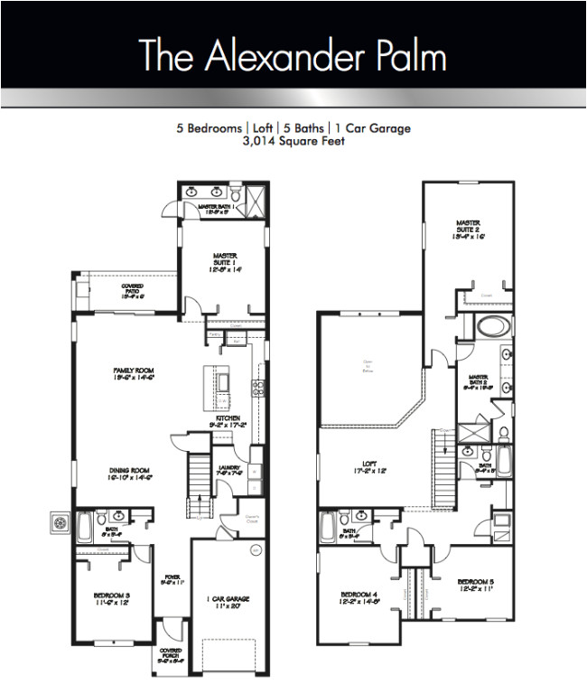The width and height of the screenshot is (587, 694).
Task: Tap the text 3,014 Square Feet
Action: point(293,141)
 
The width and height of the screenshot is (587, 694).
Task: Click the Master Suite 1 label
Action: point(225,261)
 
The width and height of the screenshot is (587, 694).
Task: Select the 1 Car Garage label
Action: point(228,602)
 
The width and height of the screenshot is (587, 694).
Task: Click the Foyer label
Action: point(172,579)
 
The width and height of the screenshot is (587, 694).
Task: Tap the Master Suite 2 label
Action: point(467,227)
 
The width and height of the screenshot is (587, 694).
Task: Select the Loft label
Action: point(364,468)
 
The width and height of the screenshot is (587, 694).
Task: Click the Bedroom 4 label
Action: point(359,598)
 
